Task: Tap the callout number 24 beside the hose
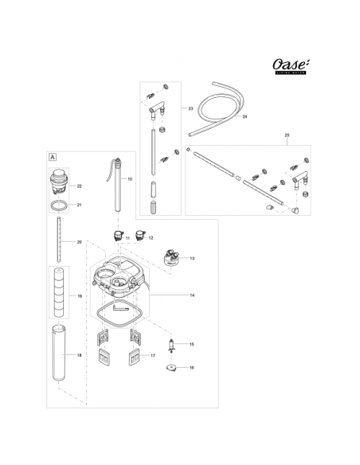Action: point(245,116)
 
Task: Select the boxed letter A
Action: point(53,158)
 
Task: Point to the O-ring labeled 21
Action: point(57,205)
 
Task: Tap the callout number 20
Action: point(79,241)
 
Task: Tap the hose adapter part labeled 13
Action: point(170,258)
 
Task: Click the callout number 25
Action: point(286,136)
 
